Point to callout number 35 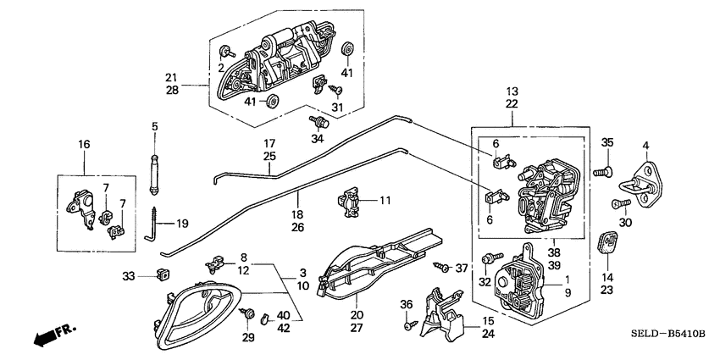[x=606, y=142]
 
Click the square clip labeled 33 [x=163, y=274]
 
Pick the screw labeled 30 [x=619, y=204]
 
